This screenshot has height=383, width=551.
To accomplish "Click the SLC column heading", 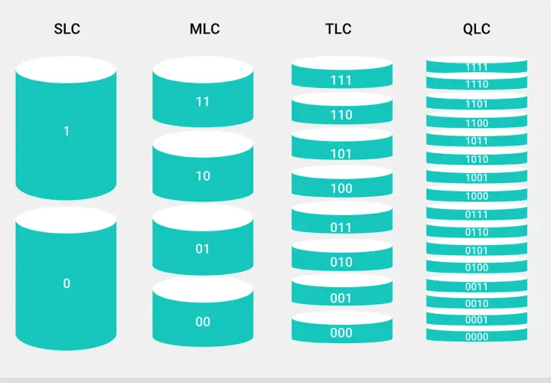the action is (67, 29).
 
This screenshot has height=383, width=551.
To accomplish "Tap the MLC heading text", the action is (204, 29).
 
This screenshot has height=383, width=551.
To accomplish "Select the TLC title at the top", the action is (338, 29).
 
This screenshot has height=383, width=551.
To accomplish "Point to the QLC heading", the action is (477, 29).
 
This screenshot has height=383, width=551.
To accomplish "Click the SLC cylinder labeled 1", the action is (66, 129).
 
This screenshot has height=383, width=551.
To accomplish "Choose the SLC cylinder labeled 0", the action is (66, 279).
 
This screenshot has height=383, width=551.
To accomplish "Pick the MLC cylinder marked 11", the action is (203, 92).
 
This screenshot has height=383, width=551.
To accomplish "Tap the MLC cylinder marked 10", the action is (203, 166).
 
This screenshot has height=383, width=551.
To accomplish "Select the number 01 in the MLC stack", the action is (202, 249).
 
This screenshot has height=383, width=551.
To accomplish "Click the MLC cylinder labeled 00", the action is (203, 312).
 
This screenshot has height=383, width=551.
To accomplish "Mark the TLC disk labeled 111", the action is (342, 73).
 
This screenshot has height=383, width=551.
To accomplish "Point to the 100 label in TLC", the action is (341, 189).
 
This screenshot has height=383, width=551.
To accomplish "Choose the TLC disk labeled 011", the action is (342, 218).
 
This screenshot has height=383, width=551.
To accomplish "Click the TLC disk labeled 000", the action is (342, 327).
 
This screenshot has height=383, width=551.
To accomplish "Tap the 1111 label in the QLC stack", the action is (477, 67).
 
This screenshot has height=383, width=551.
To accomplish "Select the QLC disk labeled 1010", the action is (477, 157).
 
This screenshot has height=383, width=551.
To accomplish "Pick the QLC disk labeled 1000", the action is (477, 194).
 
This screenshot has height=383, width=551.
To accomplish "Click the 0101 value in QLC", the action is (477, 250).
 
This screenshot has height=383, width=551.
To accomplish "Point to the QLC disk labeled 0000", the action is (477, 334).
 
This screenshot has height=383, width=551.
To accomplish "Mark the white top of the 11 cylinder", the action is (203, 70).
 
